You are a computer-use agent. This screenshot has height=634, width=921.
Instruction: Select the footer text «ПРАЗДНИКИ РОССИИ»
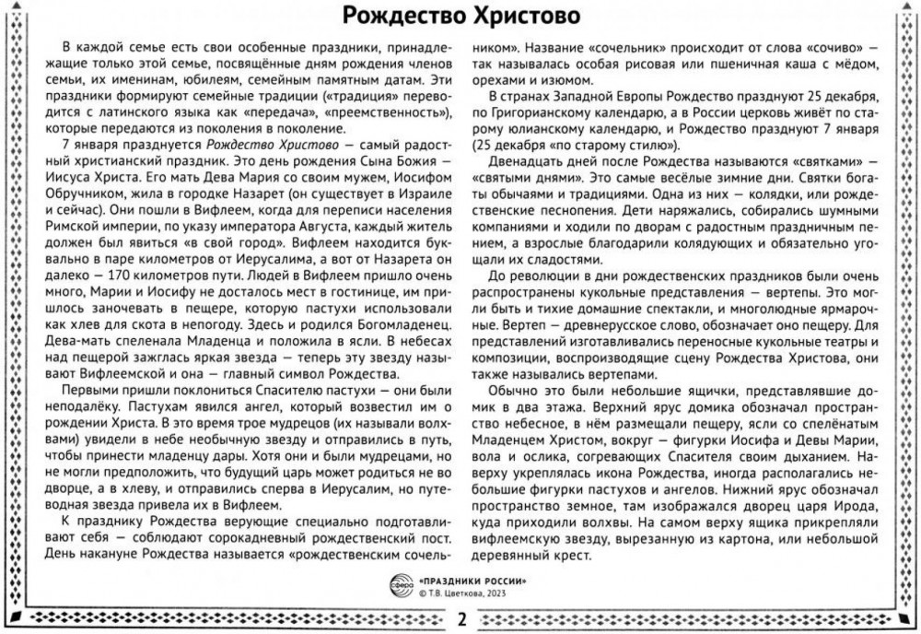[x=472, y=581]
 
